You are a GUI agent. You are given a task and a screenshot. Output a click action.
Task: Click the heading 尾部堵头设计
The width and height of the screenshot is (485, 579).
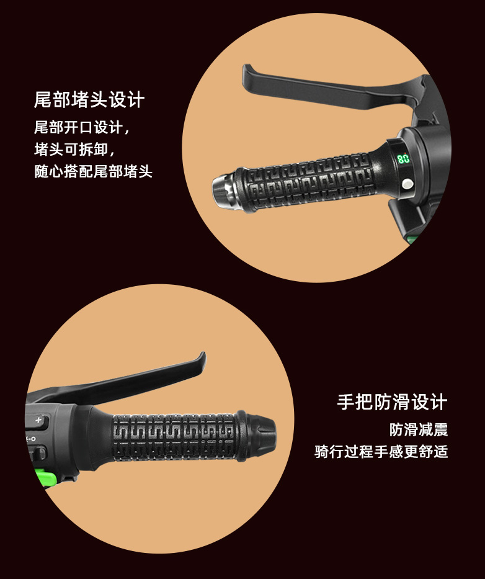tap(89, 100)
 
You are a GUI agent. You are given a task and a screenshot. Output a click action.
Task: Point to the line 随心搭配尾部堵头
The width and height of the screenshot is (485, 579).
tap(93, 171)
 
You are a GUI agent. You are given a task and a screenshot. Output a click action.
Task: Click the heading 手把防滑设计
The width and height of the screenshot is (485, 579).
tap(393, 402)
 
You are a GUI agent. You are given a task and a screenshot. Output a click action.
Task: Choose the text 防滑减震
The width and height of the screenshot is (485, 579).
tap(419, 429)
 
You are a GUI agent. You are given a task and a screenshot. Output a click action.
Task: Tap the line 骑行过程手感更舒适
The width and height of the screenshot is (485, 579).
tap(381, 452)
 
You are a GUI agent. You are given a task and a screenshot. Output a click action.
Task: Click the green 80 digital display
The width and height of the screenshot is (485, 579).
tap(403, 158)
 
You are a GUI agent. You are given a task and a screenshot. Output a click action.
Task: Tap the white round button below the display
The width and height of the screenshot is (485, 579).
tap(407, 184)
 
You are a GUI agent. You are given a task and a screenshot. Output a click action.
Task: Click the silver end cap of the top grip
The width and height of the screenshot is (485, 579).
tap(224, 191)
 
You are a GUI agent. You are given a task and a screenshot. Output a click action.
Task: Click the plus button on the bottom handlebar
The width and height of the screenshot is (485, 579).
tap(38, 421)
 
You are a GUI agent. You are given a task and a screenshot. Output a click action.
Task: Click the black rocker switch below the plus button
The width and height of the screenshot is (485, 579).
tap(38, 453)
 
